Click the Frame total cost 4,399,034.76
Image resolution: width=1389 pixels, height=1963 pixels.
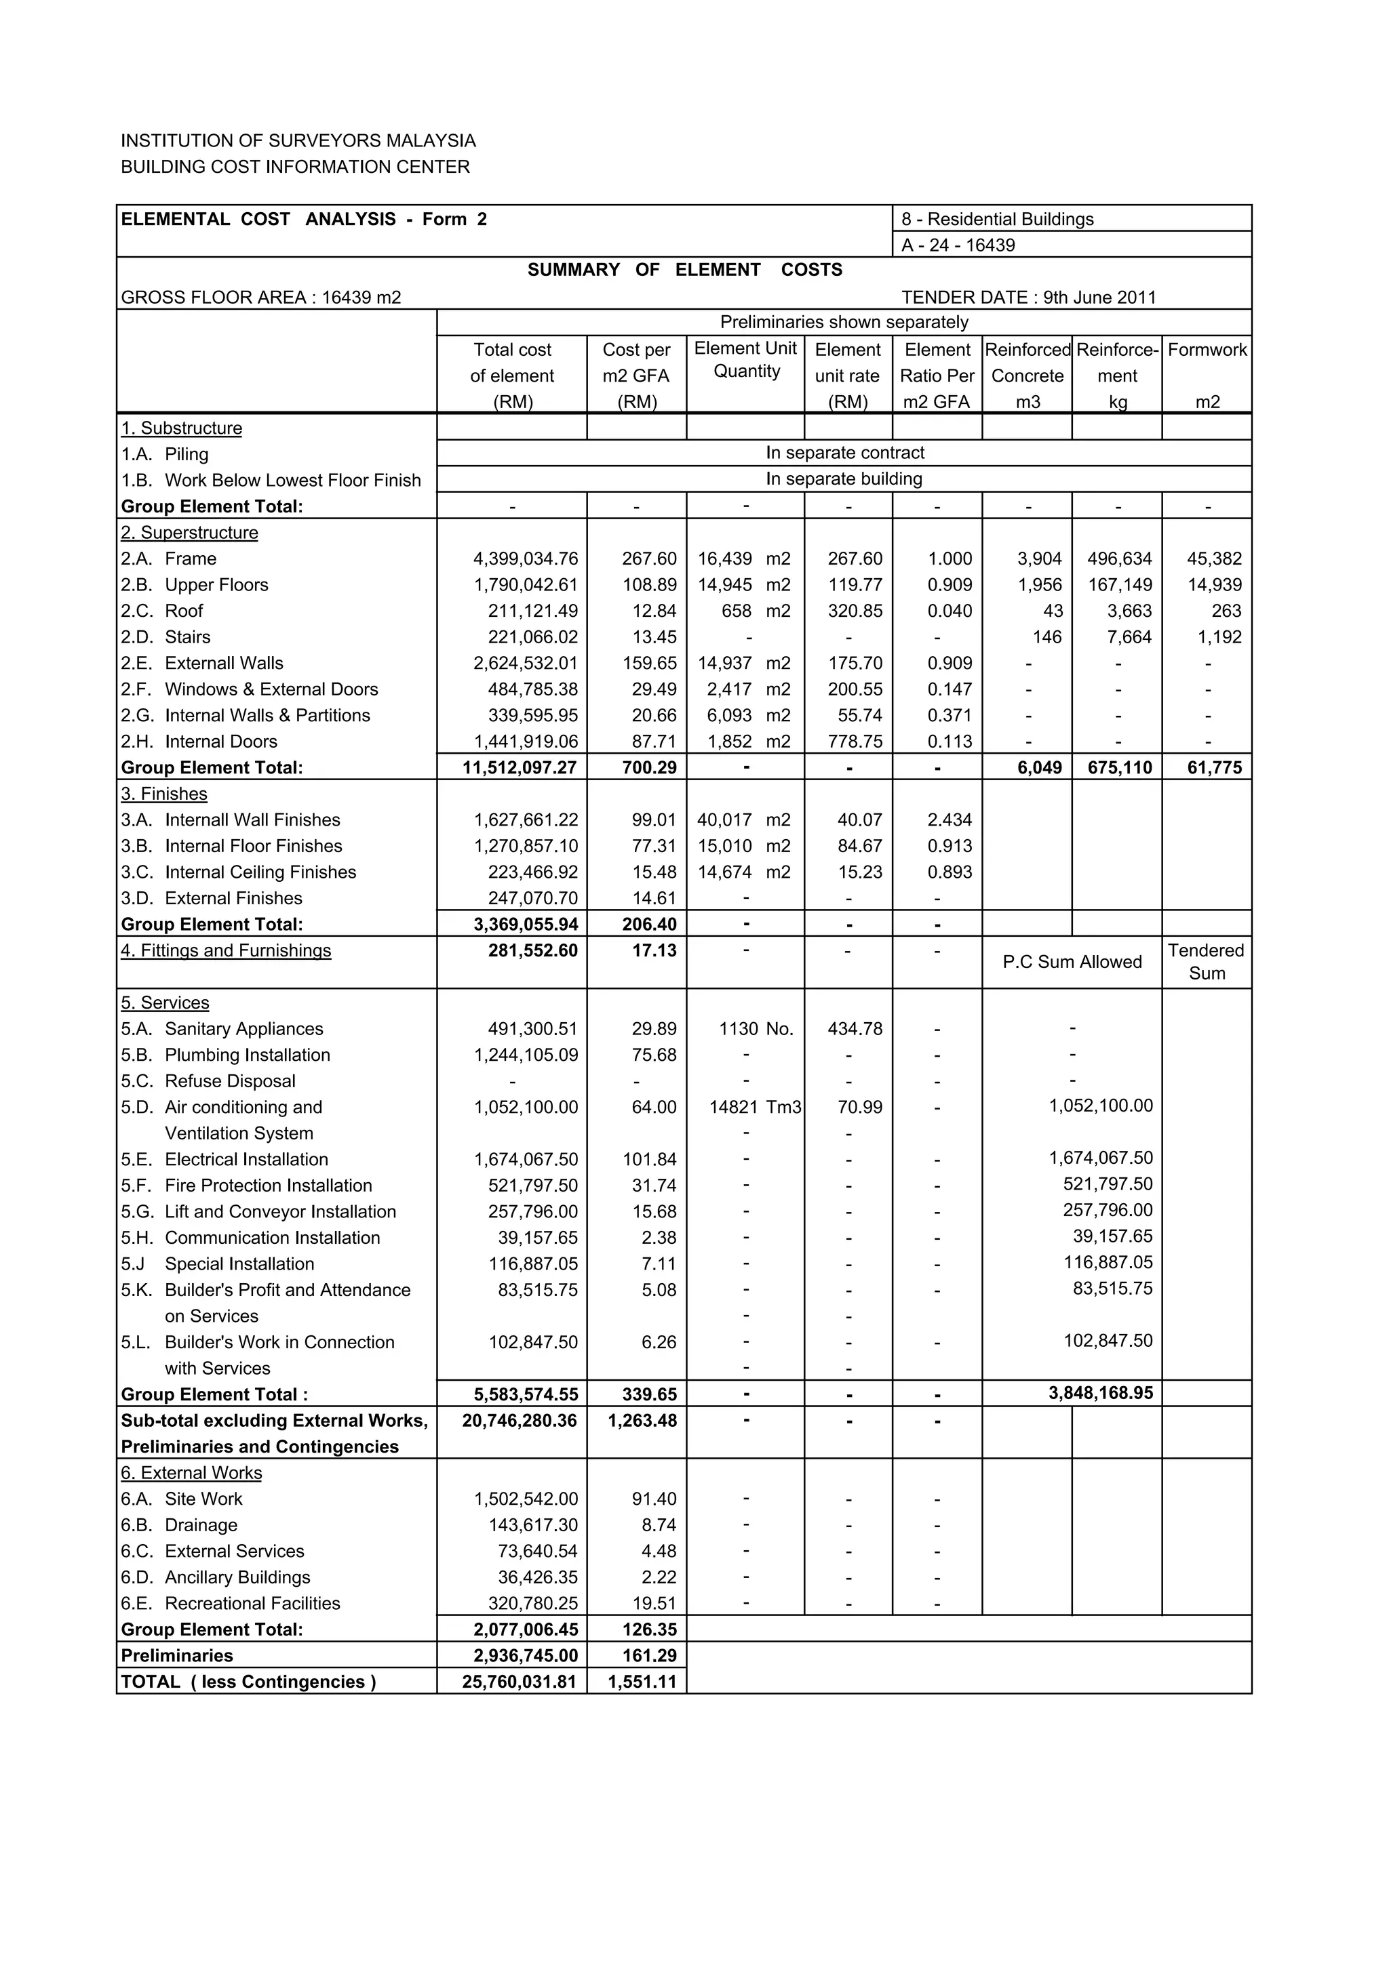[x=525, y=559]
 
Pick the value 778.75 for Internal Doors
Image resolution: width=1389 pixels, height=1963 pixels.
[x=855, y=742]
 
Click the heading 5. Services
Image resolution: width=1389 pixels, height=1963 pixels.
[x=165, y=1003]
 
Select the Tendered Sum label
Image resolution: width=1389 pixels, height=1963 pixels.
[x=1206, y=962]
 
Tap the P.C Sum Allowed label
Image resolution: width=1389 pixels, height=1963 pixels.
[x=1072, y=962]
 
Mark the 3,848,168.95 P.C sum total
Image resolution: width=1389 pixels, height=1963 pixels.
[x=1100, y=1393]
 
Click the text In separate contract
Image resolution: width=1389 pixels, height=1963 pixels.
[x=844, y=453]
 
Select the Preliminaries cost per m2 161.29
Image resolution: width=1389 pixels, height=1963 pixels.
[x=649, y=1655]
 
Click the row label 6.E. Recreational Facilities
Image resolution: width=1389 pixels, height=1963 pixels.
[x=231, y=1603]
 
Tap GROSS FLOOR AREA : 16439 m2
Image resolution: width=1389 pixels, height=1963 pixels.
[x=261, y=298]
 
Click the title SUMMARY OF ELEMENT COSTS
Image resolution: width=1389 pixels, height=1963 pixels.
[x=684, y=270]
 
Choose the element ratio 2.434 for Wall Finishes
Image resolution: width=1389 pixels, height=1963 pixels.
[x=950, y=820]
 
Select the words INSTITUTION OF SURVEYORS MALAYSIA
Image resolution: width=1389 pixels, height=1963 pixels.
[x=298, y=141]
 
